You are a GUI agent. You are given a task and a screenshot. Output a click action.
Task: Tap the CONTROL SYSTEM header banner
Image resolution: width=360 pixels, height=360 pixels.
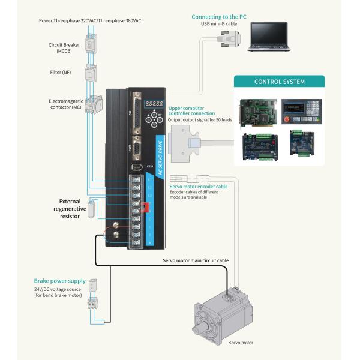(279, 82)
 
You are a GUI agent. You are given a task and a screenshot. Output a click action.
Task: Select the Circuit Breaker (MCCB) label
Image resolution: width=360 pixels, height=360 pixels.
(64, 48)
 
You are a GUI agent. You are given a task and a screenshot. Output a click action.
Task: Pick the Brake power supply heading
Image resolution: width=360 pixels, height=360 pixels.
(58, 281)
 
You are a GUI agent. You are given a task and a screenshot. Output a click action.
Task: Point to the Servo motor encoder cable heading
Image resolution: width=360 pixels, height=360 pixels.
(199, 187)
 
